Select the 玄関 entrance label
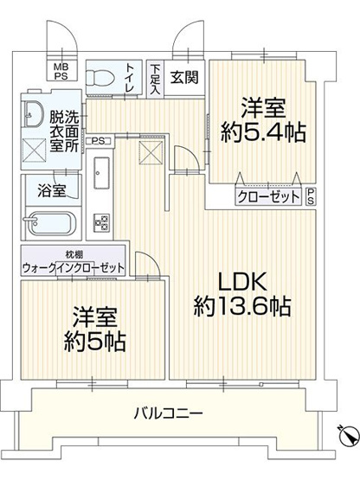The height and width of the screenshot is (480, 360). pyautogui.click(x=183, y=76)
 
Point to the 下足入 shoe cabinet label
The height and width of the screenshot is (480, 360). pyautogui.click(x=154, y=77)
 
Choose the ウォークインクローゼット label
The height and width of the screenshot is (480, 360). pyautogui.click(x=73, y=266)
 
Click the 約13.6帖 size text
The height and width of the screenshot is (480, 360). pyautogui.click(x=242, y=305)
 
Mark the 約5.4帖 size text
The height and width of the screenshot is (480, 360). pyautogui.click(x=262, y=131)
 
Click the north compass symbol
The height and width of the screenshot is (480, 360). pyautogui.click(x=345, y=437)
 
